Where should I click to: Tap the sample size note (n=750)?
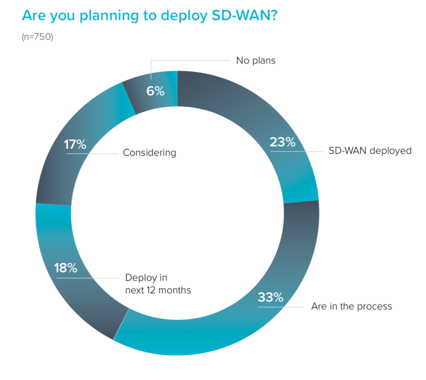click(37, 37)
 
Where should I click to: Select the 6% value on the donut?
click(155, 91)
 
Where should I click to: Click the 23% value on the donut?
click(283, 142)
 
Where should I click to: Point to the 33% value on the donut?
click(271, 298)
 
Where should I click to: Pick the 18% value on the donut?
click(65, 268)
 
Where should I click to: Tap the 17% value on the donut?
click(74, 145)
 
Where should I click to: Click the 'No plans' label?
click(256, 60)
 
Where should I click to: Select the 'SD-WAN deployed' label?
click(367, 151)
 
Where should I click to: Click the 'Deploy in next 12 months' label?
click(158, 283)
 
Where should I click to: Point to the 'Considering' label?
click(149, 152)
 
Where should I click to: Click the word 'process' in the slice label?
click(373, 307)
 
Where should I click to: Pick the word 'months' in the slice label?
click(174, 290)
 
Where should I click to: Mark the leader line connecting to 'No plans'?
click(190, 60)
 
